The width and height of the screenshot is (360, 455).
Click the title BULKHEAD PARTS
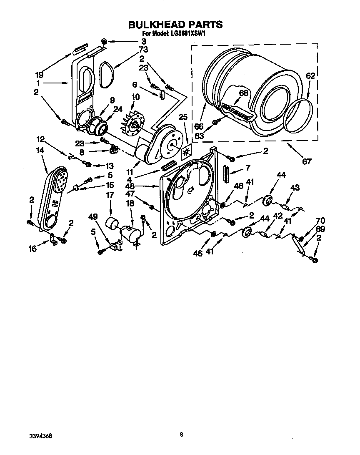tap(175, 25)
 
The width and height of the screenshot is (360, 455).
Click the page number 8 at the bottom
tap(181, 435)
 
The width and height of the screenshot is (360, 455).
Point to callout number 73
tap(143, 50)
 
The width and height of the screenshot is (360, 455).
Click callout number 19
tap(39, 75)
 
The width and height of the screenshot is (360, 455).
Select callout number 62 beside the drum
tap(310, 76)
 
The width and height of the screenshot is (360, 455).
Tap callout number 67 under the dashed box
tap(307, 161)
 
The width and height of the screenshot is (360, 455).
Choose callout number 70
tap(320, 221)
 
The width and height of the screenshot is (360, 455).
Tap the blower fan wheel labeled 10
tap(133, 124)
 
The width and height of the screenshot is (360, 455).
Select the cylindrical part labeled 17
tap(110, 224)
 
